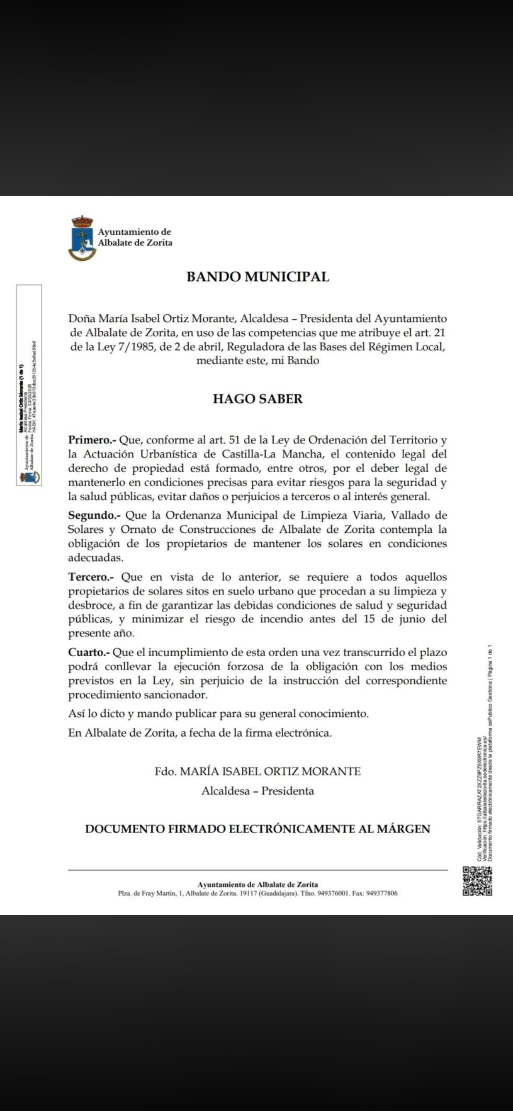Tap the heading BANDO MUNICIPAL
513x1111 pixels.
pos(258,276)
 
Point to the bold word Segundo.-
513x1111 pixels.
pos(95,515)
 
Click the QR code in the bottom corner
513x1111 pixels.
pos(478,881)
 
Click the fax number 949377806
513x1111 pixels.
pos(381,893)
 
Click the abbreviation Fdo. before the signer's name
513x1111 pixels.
pos(165,771)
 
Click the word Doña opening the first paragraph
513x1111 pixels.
pos(82,319)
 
